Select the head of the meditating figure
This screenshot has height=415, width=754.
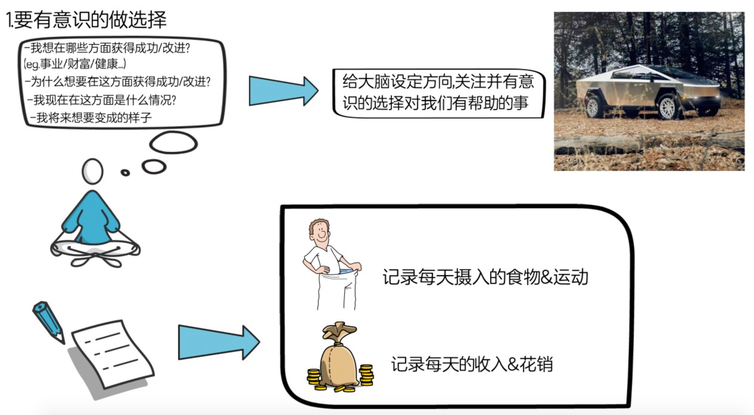[x=92, y=171]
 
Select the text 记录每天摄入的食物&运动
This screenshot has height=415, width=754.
[x=485, y=277]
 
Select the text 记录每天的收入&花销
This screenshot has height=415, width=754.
[x=472, y=364]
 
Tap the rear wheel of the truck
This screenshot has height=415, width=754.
[x=593, y=107]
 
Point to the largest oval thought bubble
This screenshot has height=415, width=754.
[x=173, y=143]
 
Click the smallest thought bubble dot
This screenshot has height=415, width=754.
[x=125, y=173]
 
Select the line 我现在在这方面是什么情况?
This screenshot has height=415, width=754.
[x=102, y=100]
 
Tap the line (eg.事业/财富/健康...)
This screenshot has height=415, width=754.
[x=75, y=64]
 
